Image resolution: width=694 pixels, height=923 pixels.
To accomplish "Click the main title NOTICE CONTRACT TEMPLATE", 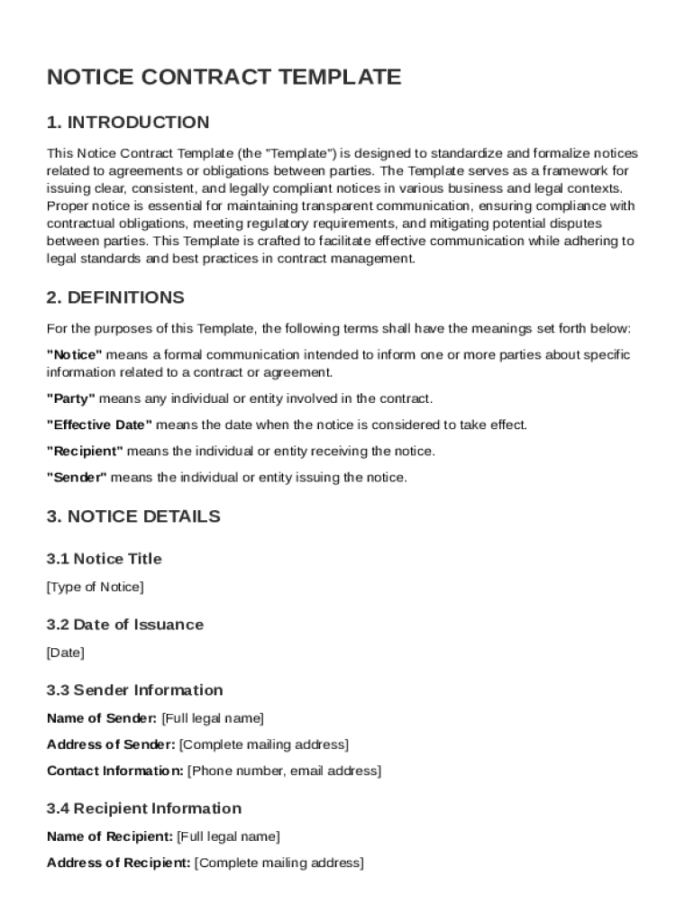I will coord(224,78).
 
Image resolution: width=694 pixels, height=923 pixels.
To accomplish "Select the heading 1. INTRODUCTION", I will coord(128,123).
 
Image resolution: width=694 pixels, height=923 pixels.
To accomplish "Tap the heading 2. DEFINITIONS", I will coord(115,297).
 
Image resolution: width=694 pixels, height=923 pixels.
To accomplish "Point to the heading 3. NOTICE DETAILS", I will coord(133,516).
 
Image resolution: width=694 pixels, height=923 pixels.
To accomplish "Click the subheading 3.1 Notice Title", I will coord(105,559).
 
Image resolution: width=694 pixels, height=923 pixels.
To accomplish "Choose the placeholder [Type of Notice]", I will coord(95,587).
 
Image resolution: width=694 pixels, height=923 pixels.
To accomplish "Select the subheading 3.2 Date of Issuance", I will coord(125,625).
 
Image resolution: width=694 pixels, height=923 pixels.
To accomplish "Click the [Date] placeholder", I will coord(66,653).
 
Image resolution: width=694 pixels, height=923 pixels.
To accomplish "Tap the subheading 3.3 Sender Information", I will coord(134,690).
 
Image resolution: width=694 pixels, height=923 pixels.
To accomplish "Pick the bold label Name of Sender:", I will coord(102,718).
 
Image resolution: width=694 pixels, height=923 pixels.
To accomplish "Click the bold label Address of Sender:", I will coord(111,745).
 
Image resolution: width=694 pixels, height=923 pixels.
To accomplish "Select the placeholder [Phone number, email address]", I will coord(284,771).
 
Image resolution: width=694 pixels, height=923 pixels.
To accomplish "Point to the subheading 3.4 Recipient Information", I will coord(144,809).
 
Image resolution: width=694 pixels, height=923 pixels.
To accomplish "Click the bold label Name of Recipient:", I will coord(110,836).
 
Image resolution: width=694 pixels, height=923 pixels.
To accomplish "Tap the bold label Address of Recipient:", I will coord(119,863).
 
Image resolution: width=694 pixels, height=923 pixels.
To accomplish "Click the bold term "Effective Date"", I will coord(100,425).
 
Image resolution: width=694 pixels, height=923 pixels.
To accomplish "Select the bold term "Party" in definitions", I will coord(71,398).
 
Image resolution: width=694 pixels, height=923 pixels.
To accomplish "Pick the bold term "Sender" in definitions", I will coord(77,477).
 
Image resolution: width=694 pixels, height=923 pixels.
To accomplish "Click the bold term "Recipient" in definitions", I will coord(85,451).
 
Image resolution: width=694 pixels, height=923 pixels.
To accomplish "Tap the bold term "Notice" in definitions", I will coord(75,354).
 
